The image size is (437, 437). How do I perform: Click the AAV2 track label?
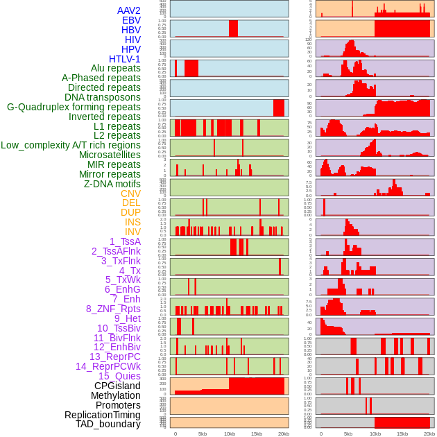[128, 10]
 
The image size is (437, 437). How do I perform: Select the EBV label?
[131, 20]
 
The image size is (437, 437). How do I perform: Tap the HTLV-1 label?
[124, 59]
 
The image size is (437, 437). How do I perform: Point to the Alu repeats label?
[115, 68]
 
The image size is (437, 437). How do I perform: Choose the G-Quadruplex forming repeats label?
[74, 107]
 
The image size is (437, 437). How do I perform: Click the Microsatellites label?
[110, 155]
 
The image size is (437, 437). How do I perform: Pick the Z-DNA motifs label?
[112, 184]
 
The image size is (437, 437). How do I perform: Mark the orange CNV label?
[130, 194]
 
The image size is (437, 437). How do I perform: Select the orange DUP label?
[130, 212]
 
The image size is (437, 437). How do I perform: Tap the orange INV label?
[132, 232]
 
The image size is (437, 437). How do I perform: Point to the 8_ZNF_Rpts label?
[113, 309]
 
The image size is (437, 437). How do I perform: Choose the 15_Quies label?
[119, 376]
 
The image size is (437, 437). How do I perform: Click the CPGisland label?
[117, 386]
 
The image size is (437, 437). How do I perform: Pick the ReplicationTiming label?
[102, 415]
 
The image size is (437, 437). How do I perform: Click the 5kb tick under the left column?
[203, 434]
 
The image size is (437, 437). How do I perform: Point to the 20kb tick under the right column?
[429, 434]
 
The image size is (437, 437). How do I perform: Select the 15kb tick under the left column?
[257, 434]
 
